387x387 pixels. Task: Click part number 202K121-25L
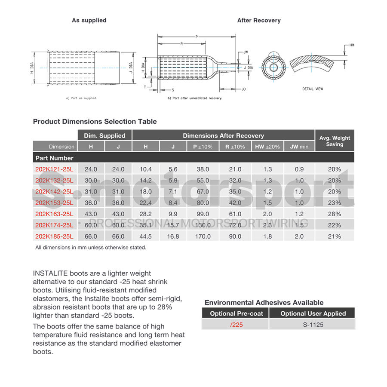tap(54, 169)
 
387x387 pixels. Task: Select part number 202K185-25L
tap(54, 236)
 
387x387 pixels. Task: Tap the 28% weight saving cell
tap(334, 214)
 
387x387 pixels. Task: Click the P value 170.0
tap(203, 236)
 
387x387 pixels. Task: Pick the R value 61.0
tap(235, 214)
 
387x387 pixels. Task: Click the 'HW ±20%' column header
tap(267, 147)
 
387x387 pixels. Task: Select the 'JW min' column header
tap(299, 147)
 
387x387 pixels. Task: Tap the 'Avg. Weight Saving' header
tap(335, 141)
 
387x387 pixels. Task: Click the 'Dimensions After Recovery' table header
tap(224, 135)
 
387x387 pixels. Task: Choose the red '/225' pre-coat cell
tap(236, 325)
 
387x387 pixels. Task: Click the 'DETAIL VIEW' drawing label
tap(313, 89)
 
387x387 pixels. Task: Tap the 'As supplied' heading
tap(89, 20)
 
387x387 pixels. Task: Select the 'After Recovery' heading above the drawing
tap(259, 20)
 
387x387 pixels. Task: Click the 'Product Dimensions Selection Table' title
tap(95, 122)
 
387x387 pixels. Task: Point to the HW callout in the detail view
tap(351, 45)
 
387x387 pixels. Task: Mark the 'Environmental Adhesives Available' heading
tap(264, 302)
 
